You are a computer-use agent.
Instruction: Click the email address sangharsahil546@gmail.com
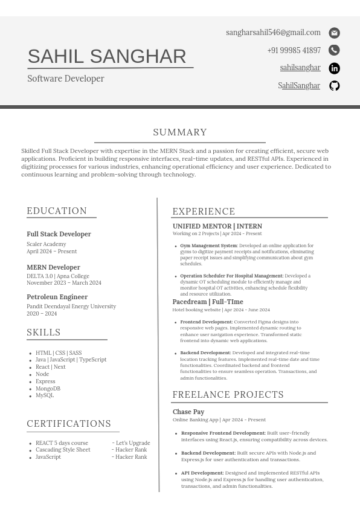click(273, 33)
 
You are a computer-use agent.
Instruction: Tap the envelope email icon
click(334, 33)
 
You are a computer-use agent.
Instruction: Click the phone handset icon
click(334, 50)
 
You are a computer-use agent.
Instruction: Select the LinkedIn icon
click(334, 68)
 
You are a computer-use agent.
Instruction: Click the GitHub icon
click(334, 86)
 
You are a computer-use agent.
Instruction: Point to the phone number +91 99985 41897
click(294, 51)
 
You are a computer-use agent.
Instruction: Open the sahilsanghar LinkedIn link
click(300, 68)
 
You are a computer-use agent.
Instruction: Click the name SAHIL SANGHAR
click(107, 56)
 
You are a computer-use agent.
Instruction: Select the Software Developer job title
click(66, 79)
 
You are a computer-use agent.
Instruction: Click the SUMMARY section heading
click(180, 132)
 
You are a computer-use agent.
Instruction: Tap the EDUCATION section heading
click(57, 211)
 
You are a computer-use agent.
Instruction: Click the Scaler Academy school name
click(47, 244)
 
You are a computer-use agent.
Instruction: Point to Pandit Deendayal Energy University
click(71, 306)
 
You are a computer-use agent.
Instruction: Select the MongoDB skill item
click(48, 389)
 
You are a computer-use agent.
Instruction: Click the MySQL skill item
click(45, 395)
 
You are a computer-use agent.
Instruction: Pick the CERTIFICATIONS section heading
click(69, 424)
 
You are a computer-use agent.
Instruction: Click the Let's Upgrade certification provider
click(132, 443)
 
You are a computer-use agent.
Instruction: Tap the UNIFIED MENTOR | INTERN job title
click(217, 226)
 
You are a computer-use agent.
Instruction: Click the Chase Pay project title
click(188, 412)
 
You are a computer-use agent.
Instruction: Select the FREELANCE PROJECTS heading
click(228, 395)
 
